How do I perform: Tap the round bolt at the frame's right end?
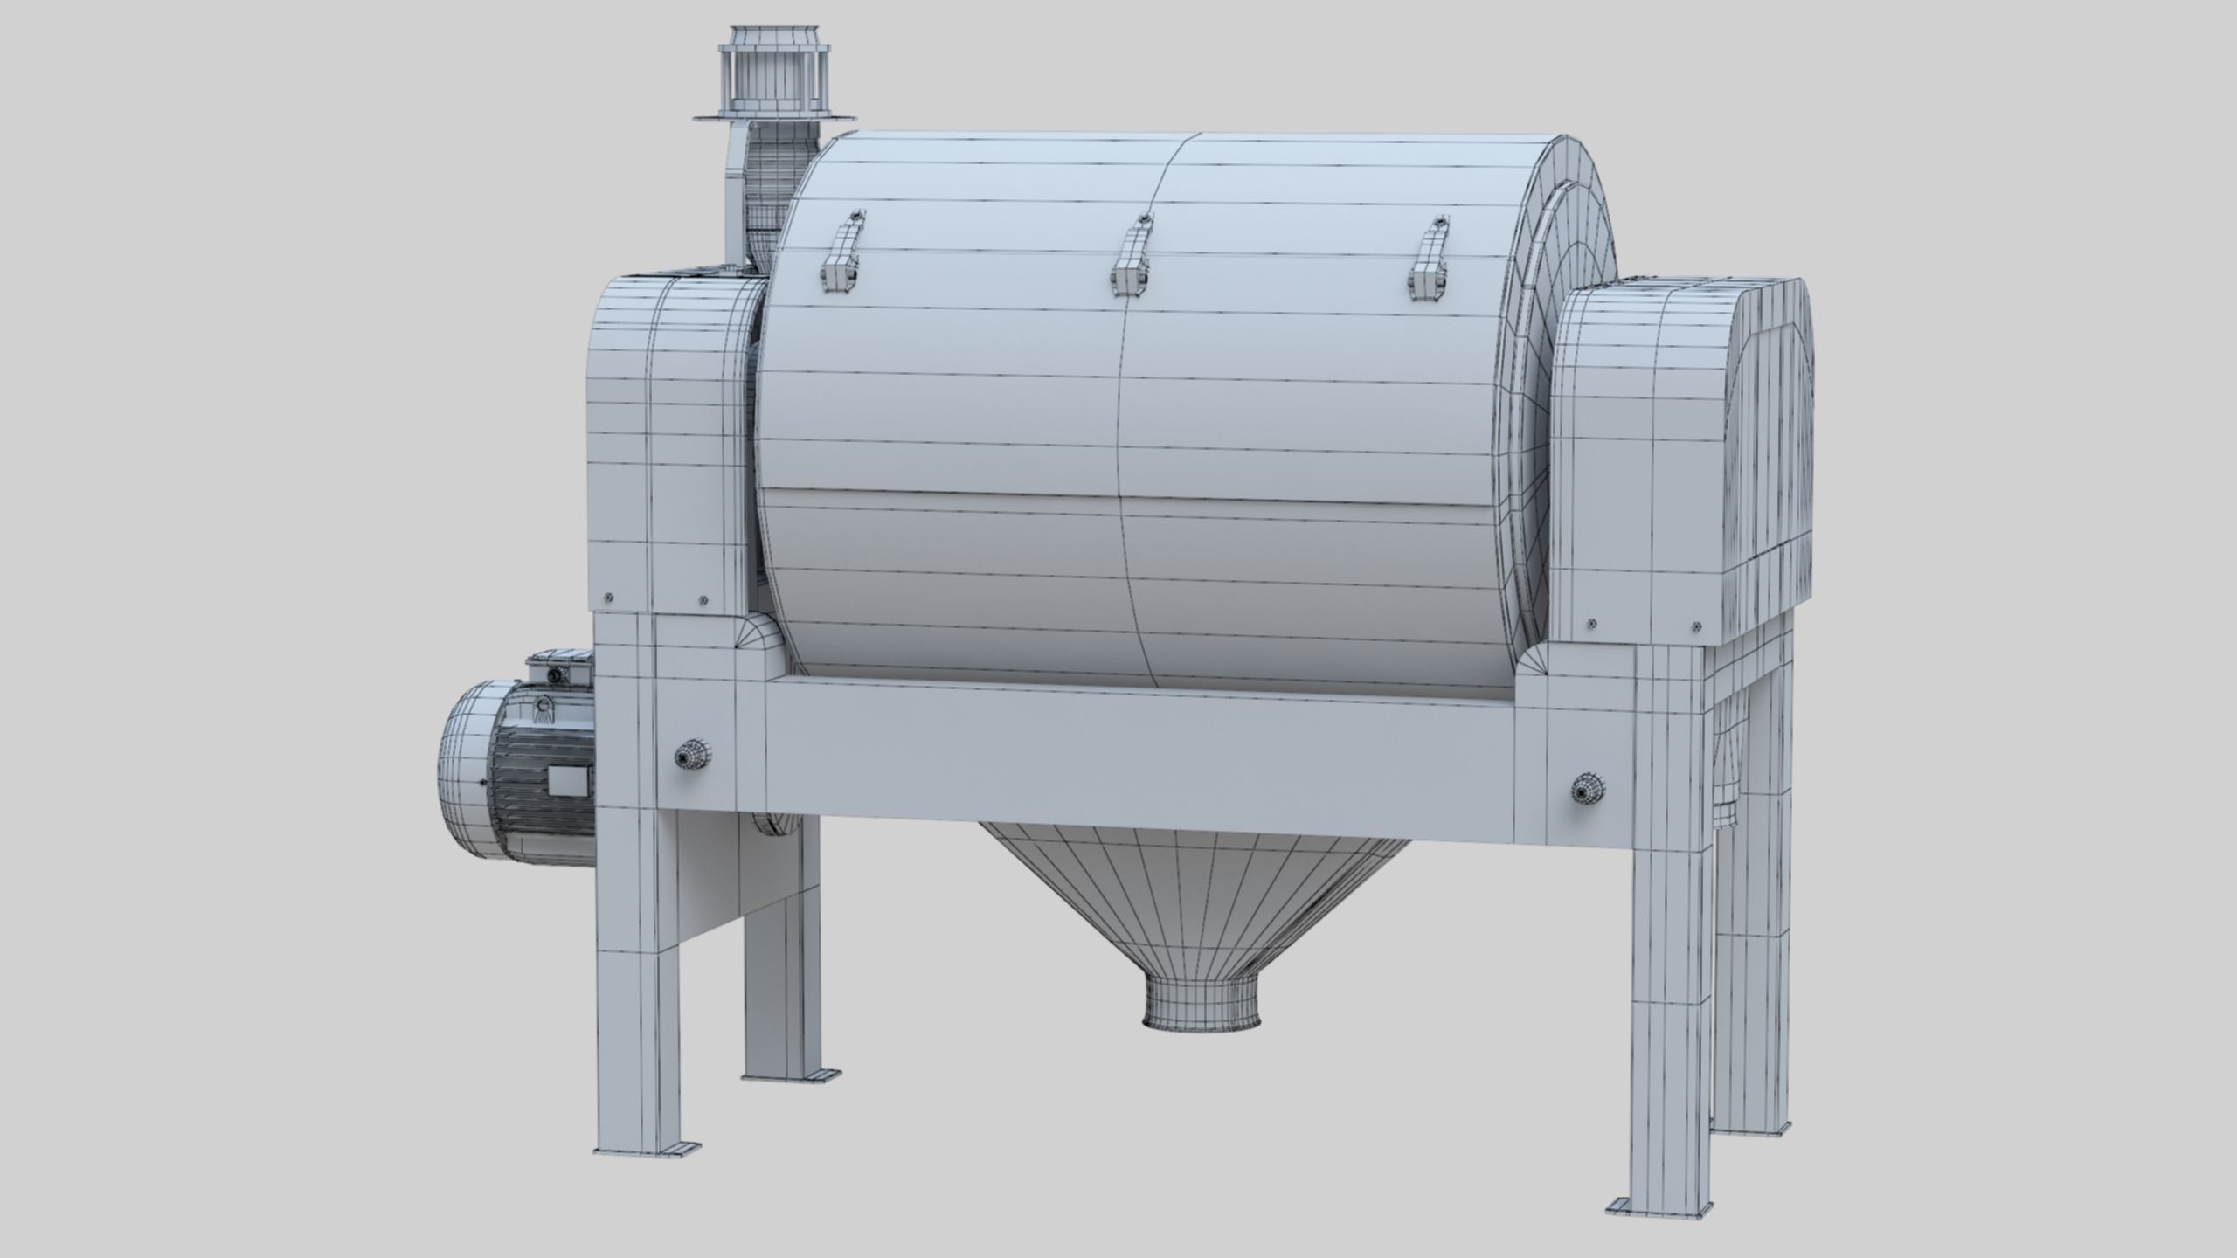click(x=1583, y=790)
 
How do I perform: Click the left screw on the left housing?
click(x=609, y=598)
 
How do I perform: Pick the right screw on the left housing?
click(x=703, y=600)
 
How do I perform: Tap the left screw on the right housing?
click(x=1590, y=621)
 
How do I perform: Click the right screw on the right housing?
click(x=1696, y=625)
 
